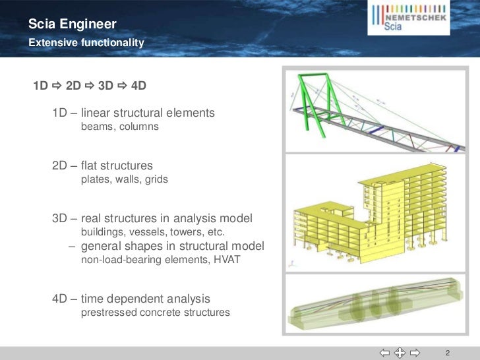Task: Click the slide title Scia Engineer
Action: tap(73, 26)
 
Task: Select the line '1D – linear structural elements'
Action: tap(133, 113)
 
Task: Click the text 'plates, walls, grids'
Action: tap(124, 179)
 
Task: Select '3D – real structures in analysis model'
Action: tap(152, 219)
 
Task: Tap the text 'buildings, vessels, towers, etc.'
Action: tap(153, 233)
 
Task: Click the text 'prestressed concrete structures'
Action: tap(155, 313)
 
